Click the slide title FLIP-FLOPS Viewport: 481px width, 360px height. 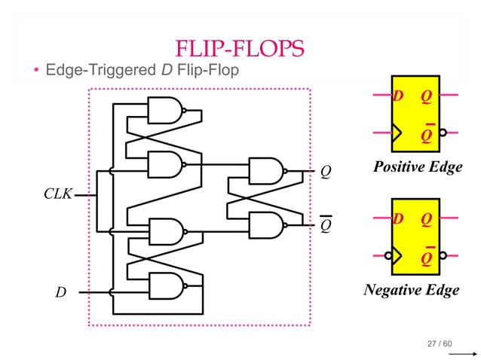[x=240, y=50]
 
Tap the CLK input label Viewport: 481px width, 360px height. [x=57, y=194]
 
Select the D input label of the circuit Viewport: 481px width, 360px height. [x=60, y=291]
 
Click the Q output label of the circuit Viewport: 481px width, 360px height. [x=326, y=172]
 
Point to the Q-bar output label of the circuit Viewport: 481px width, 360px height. [x=326, y=224]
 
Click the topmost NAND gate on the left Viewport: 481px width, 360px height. [x=165, y=111]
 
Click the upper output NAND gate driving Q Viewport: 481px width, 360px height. [x=266, y=171]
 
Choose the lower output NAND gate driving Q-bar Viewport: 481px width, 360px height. [x=266, y=224]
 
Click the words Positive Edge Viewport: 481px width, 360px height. [x=418, y=167]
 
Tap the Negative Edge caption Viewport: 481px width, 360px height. [x=411, y=290]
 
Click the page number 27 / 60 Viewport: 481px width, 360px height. [x=440, y=344]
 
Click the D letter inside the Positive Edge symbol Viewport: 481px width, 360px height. [x=398, y=96]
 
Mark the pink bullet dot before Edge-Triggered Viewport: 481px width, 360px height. [x=35, y=72]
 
